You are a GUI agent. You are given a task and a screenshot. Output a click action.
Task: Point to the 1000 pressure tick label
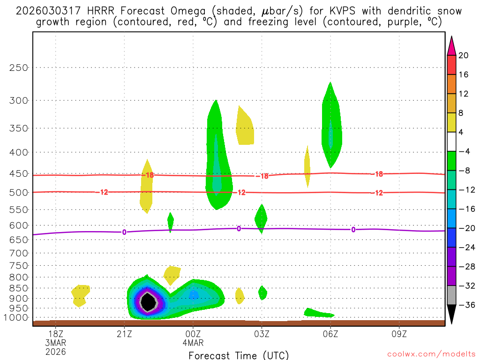point(17,317)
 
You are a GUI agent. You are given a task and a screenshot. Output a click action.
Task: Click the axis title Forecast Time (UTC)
point(239,355)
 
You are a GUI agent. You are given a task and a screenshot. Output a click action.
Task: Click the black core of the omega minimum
point(149,302)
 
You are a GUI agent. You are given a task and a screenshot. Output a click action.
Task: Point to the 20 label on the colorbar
point(464,55)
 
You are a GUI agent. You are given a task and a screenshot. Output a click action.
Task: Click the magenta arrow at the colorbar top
point(451,45)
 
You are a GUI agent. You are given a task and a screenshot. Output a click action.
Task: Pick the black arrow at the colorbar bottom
point(451,315)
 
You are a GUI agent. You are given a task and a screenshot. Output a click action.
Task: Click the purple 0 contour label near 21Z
point(124,232)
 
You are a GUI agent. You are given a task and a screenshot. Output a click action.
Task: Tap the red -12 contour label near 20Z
point(104,192)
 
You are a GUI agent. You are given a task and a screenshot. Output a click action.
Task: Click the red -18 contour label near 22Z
point(149,175)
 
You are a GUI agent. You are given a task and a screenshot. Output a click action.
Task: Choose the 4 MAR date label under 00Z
point(193,343)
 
